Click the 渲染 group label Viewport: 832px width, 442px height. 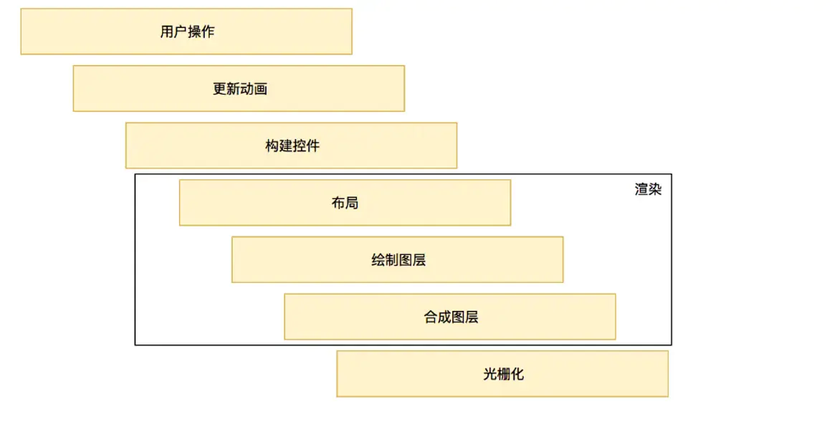pyautogui.click(x=648, y=190)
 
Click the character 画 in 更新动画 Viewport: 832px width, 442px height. pyautogui.click(x=261, y=89)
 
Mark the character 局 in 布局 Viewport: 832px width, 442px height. pyautogui.click(x=351, y=203)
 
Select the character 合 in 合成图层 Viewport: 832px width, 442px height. pyautogui.click(x=431, y=317)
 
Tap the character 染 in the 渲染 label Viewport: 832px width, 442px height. pyautogui.click(x=655, y=190)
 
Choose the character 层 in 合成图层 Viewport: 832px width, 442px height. pyautogui.click(x=472, y=317)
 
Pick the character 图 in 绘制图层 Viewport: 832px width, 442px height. pyautogui.click(x=406, y=260)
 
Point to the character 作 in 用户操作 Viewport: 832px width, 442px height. pyautogui.click(x=208, y=32)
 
